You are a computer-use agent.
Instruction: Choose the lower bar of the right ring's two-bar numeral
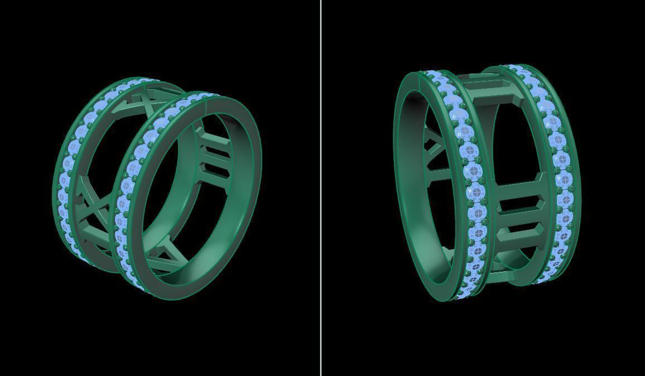coord(518,229)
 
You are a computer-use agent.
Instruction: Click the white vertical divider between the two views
coord(321,188)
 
